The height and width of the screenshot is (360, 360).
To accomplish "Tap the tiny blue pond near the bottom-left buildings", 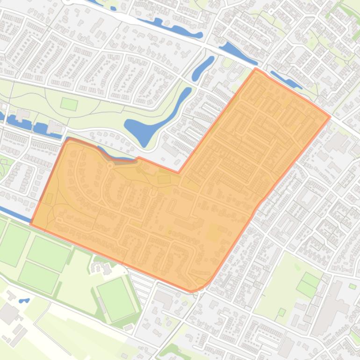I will point(23,301).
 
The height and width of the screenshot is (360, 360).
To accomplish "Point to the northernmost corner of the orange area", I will point(256,69).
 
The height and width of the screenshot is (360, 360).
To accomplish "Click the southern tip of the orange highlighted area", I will point(192,291).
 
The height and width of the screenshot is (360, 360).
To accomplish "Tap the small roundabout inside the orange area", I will point(111,166).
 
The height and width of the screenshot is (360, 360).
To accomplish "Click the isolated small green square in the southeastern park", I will point(282,312).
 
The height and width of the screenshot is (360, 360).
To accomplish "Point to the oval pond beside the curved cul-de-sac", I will point(202,68).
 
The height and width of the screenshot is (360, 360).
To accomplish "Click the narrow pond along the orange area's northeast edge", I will point(286,79).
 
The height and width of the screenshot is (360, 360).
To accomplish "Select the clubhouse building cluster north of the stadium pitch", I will point(101,267).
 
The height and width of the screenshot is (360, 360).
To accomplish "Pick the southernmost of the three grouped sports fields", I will point(38,277).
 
